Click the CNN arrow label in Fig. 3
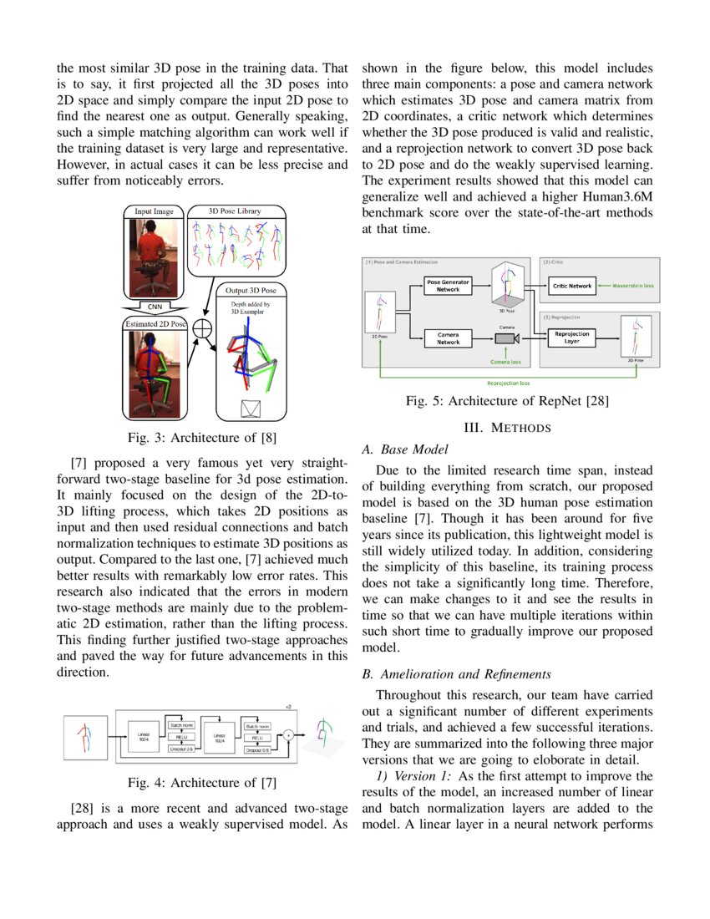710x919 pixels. [x=155, y=307]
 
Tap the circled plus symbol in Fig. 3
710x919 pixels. [x=201, y=328]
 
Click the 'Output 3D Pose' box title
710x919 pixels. [x=251, y=290]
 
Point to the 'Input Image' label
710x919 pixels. [x=155, y=211]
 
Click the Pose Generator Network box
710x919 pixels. [x=448, y=286]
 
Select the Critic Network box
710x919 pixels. [x=572, y=286]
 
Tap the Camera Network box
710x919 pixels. [x=448, y=338]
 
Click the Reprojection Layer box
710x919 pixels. [x=572, y=338]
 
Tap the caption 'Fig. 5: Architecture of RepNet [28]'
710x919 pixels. [x=507, y=401]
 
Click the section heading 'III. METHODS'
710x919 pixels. [x=507, y=428]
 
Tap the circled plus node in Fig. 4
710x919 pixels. [x=288, y=734]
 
